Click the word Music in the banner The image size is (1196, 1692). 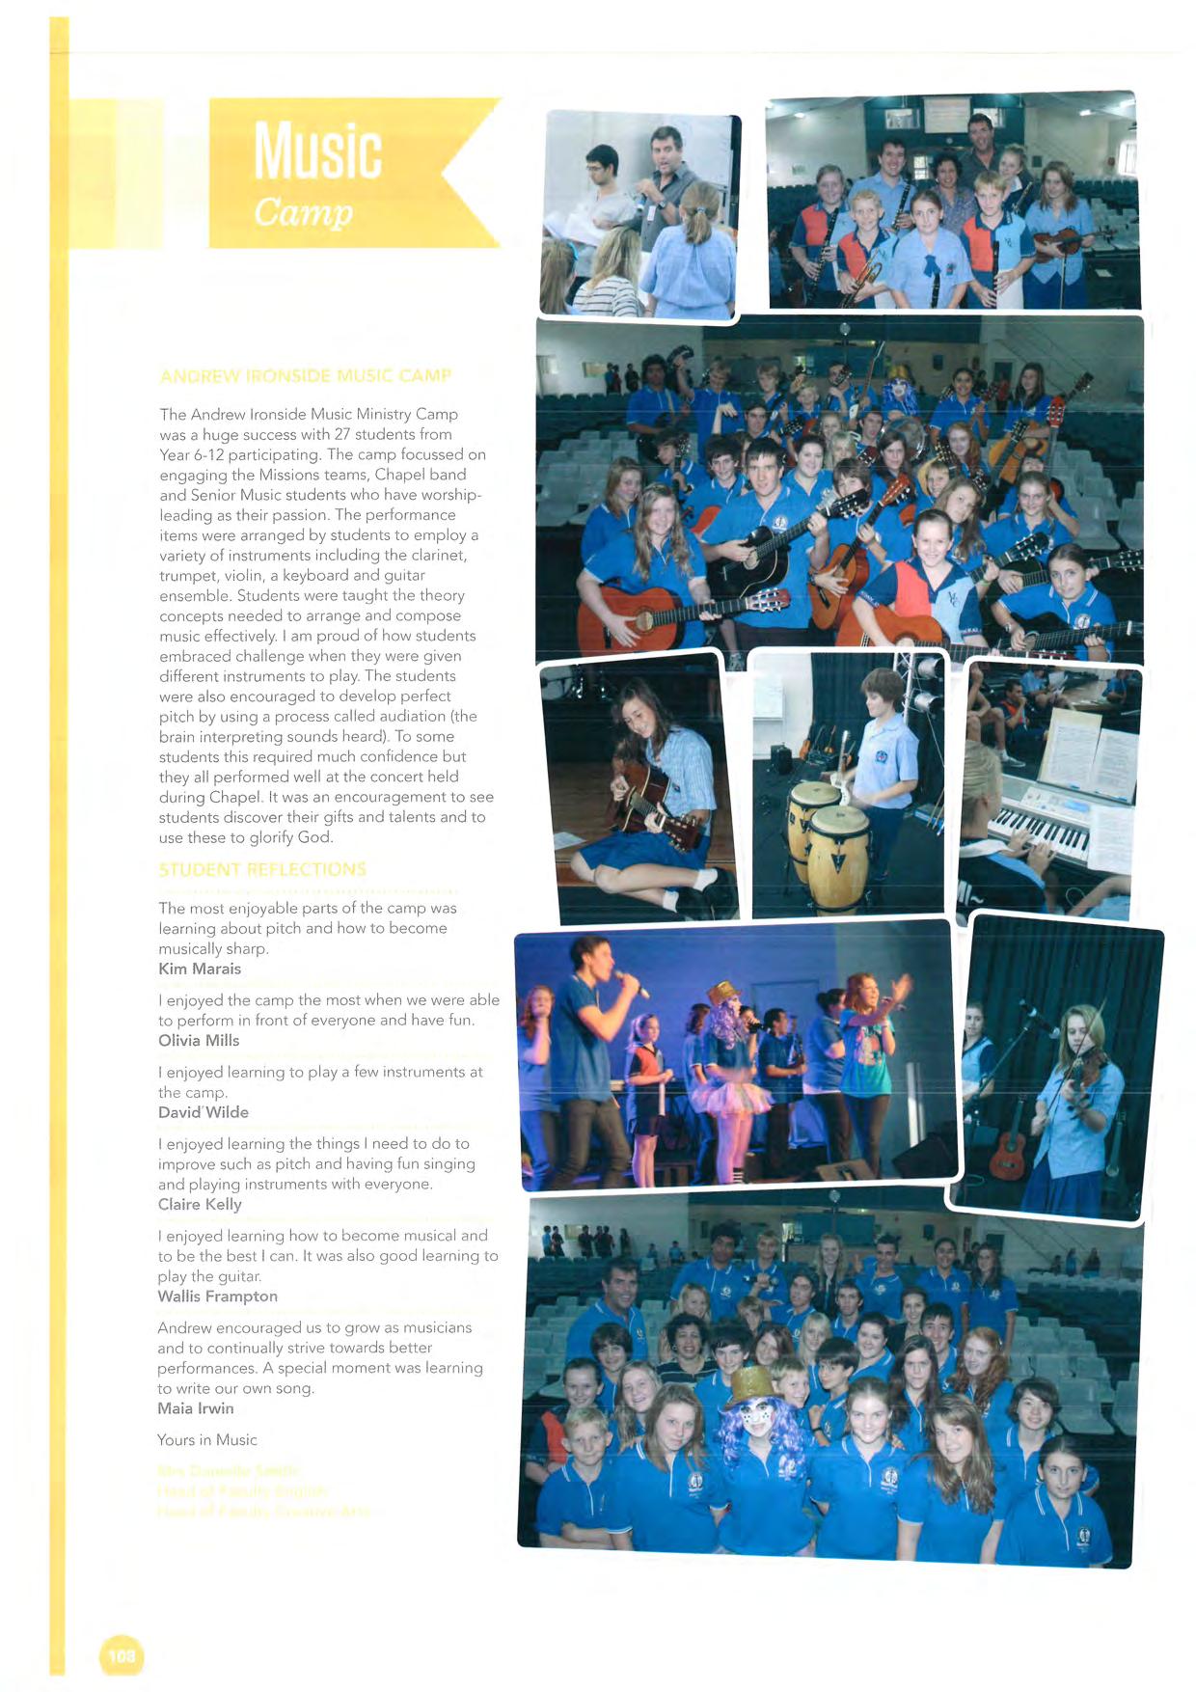[x=317, y=151]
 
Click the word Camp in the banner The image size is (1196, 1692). [x=303, y=212]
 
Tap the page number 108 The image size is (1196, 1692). [x=122, y=1656]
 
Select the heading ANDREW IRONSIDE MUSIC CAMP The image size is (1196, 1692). [x=306, y=376]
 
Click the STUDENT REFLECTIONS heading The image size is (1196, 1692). [x=262, y=869]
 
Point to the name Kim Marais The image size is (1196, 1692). [x=200, y=969]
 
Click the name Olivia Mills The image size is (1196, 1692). [x=199, y=1040]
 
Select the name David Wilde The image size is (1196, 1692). [x=204, y=1112]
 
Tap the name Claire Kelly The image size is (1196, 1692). [x=200, y=1204]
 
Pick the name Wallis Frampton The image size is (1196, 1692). [x=218, y=1296]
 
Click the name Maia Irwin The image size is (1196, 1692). [x=196, y=1408]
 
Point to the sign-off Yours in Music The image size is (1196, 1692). [x=207, y=1440]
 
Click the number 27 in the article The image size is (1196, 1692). [x=342, y=434]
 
